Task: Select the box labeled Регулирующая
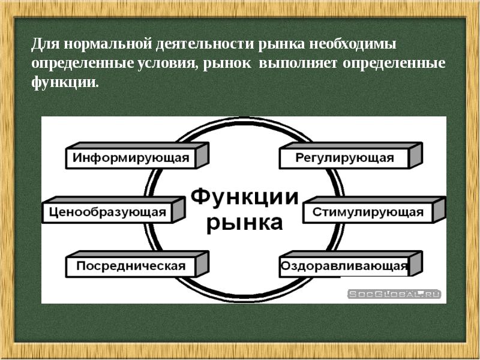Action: pyautogui.click(x=344, y=158)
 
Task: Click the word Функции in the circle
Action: pyautogui.click(x=244, y=197)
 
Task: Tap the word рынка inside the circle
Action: pyautogui.click(x=244, y=222)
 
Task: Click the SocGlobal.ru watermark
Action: pyautogui.click(x=394, y=293)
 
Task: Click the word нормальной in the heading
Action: pyautogui.click(x=106, y=45)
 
